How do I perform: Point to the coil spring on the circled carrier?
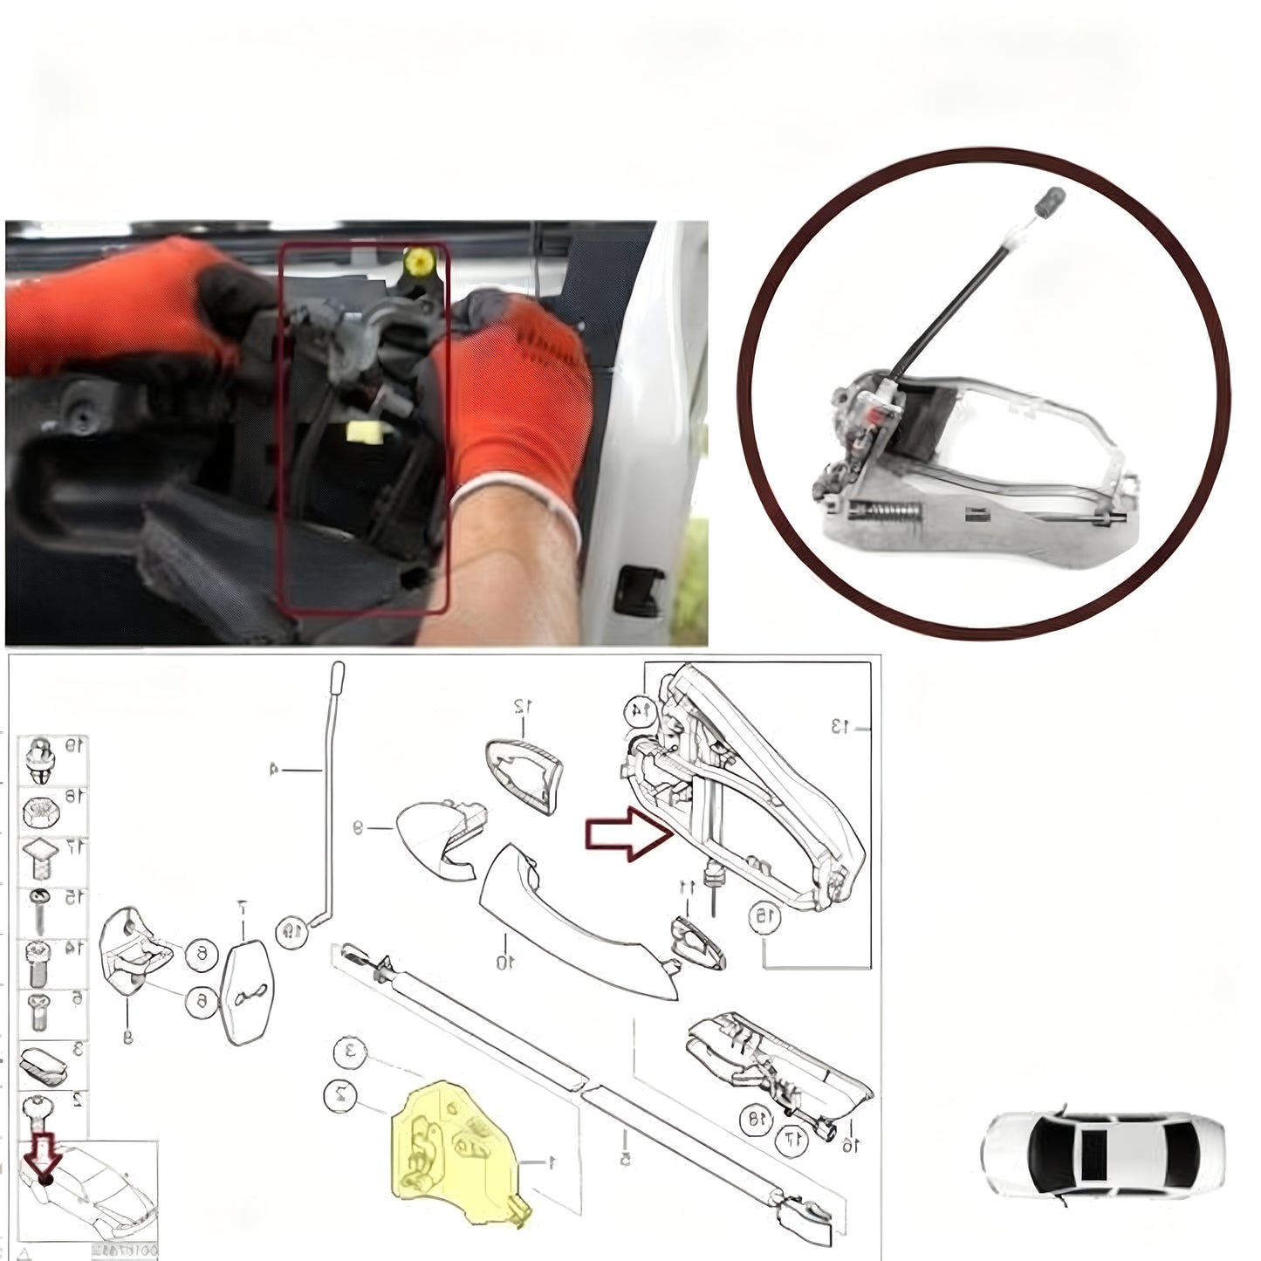coord(887,510)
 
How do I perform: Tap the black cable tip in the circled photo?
coord(1050,200)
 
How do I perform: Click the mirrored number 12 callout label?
coord(522,704)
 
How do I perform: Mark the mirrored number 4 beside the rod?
coord(273,769)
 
